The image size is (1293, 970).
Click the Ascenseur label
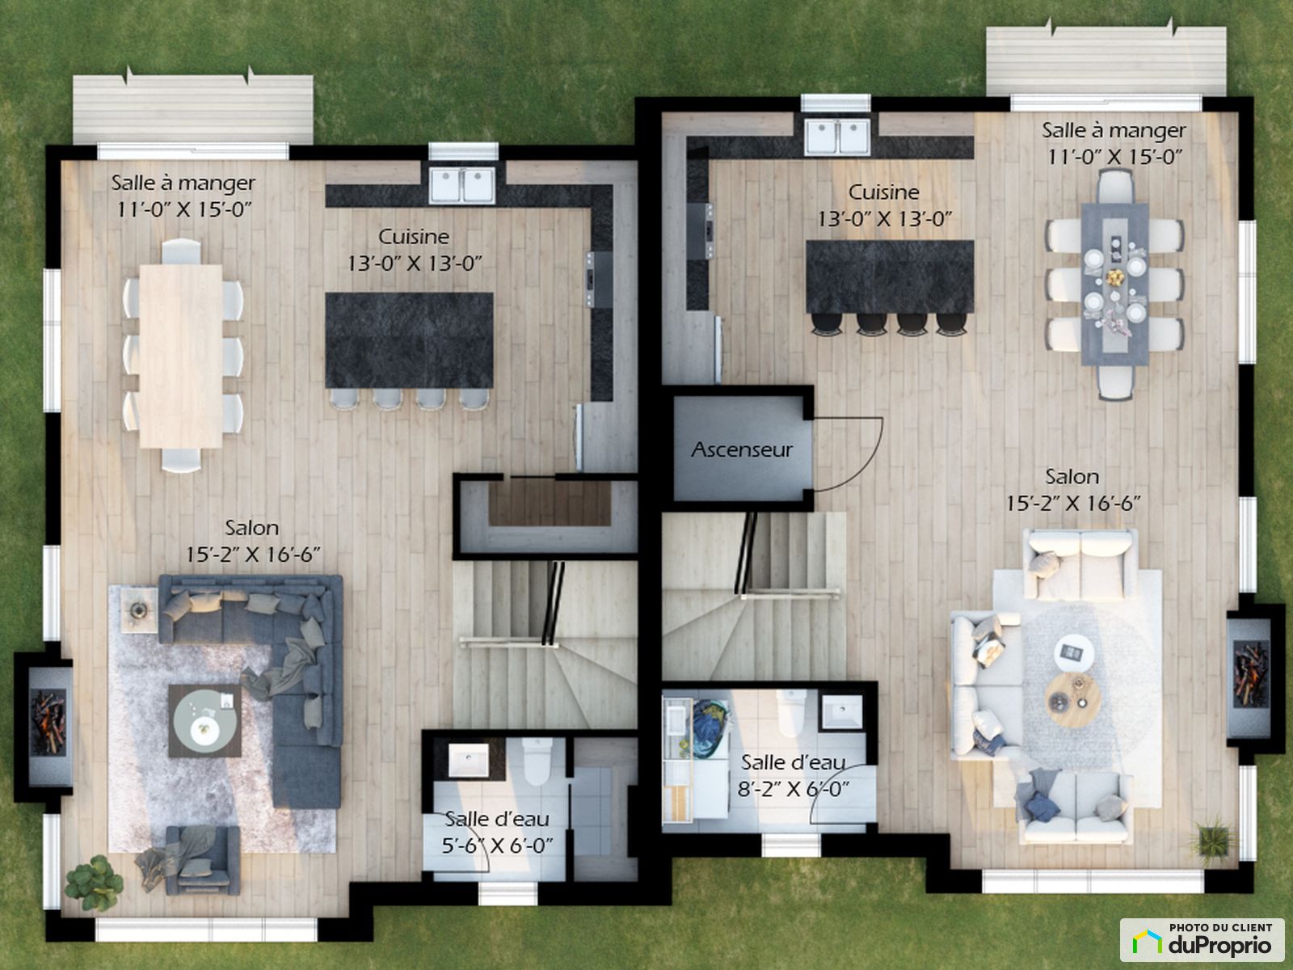coord(742,450)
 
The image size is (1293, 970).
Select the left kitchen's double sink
coord(462,185)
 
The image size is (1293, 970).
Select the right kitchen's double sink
coord(837,137)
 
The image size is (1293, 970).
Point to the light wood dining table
coord(181,356)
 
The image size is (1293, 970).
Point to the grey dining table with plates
coord(1115,285)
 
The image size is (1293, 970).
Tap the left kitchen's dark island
coord(409,340)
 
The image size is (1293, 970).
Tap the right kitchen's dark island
coord(890,276)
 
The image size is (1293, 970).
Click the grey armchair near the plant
coord(203,860)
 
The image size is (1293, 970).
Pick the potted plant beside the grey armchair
coord(93,884)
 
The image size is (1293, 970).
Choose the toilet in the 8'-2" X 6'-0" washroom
coord(791,713)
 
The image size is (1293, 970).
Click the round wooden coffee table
coord(1073,700)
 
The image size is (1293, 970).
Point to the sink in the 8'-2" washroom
coord(842,712)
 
